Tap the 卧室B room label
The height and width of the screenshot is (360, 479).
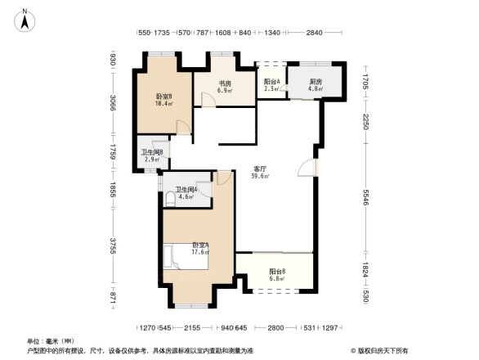coord(163,96)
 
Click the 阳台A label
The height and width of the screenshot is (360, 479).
coord(272,82)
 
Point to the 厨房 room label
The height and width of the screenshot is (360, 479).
coord(316,82)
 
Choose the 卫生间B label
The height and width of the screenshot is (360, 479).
coord(152,152)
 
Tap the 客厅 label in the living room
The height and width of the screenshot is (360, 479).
coord(261,169)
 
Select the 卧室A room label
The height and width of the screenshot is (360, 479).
coord(200,245)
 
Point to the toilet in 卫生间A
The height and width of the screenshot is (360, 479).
coord(169,198)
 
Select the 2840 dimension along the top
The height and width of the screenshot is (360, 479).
coord(315,33)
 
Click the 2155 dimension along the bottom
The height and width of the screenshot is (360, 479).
coord(192,327)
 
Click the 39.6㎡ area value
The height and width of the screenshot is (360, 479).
coord(261,176)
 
